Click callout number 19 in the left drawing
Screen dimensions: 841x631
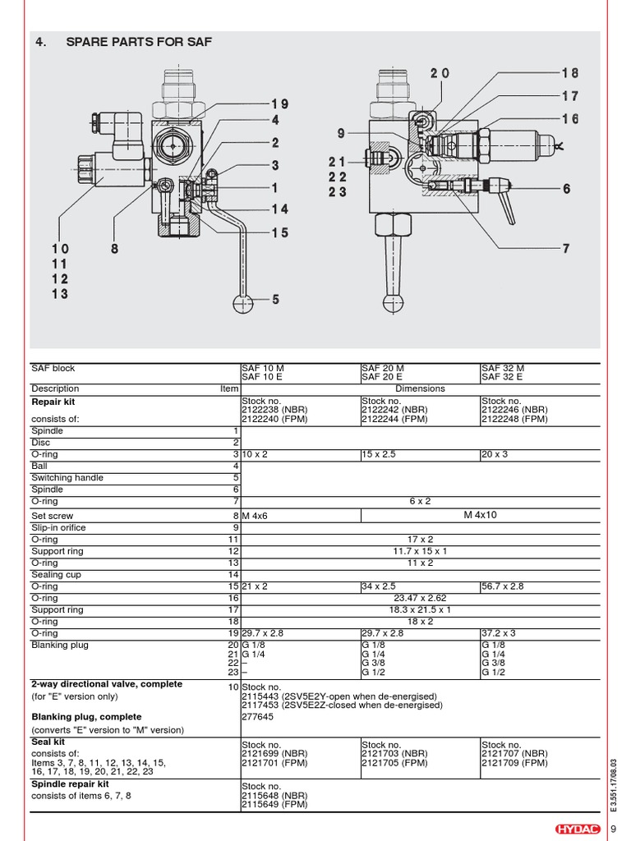(x=280, y=104)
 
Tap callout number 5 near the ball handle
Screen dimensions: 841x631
(x=276, y=300)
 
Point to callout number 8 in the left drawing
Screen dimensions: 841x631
(x=115, y=249)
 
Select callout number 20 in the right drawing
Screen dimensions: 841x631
(x=440, y=74)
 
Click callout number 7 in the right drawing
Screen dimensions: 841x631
(x=566, y=249)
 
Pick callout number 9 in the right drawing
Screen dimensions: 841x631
(x=341, y=133)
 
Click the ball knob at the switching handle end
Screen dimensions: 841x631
(x=244, y=304)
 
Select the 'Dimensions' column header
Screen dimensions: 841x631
(x=420, y=388)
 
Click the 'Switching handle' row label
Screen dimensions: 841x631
(x=67, y=477)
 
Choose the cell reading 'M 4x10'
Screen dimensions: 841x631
(x=481, y=515)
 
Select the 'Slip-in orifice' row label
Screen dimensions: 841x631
(x=58, y=527)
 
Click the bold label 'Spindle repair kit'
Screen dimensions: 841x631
(x=70, y=784)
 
